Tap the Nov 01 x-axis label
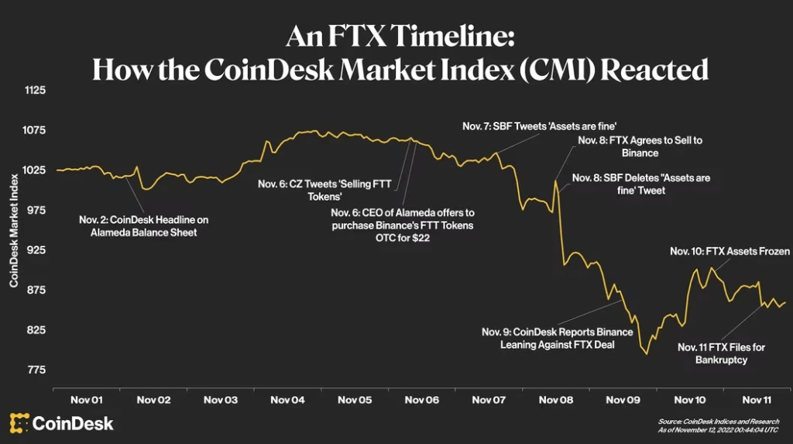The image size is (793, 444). click(x=86, y=400)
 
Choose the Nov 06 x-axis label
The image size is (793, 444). click(x=422, y=400)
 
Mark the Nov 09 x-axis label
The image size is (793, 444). click(x=623, y=400)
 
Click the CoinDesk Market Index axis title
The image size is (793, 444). click(x=14, y=231)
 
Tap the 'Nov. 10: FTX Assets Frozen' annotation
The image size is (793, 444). click(x=730, y=251)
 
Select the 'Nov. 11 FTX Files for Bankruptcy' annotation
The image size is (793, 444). click(x=721, y=353)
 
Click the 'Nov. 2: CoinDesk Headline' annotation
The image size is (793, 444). click(x=143, y=225)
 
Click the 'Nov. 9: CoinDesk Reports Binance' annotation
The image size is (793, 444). click(x=557, y=338)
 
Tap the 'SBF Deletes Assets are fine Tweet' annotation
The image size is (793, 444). click(x=640, y=184)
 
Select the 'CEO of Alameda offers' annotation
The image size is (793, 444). click(x=402, y=225)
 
